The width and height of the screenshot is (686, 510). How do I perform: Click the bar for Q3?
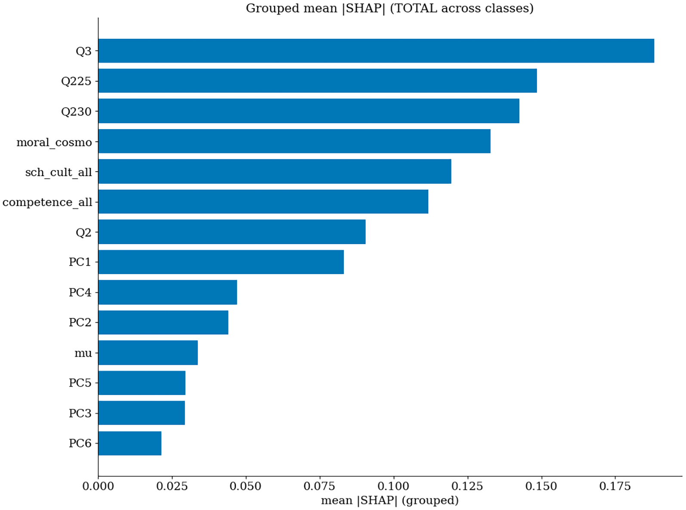pos(376,51)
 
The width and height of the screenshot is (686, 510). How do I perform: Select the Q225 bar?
pos(318,81)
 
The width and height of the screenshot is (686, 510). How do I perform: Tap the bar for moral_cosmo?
pos(294,141)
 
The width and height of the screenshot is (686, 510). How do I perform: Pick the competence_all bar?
pos(263,202)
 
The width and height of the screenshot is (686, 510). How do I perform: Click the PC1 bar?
pos(221,262)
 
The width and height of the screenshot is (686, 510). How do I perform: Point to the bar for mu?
pos(148,353)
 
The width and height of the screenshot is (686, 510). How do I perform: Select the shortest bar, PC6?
pos(130,443)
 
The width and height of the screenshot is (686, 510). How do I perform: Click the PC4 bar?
pos(168,292)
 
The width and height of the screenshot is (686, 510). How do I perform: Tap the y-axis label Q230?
pos(77,111)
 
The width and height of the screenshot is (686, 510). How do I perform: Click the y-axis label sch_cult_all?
pos(59,172)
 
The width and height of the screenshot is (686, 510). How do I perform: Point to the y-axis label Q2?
pos(84,232)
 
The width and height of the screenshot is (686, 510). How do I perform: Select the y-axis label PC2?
pos(80,322)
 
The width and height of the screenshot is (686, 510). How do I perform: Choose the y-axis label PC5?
pos(80,383)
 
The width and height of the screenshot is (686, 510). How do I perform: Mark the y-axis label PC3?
pos(80,413)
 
